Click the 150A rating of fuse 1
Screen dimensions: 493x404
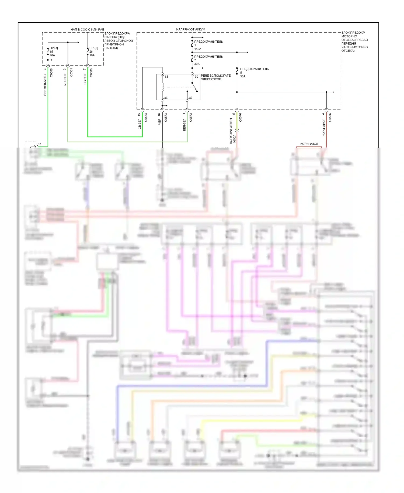click(x=198, y=49)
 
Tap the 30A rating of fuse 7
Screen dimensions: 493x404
click(x=197, y=64)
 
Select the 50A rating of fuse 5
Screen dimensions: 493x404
click(x=243, y=76)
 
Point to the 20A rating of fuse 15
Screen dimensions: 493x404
click(x=52, y=55)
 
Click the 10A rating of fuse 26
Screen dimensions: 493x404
click(x=92, y=55)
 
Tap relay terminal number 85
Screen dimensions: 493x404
click(x=166, y=77)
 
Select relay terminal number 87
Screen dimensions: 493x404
click(x=191, y=98)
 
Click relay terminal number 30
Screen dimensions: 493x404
click(x=196, y=77)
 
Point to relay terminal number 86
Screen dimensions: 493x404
click(x=166, y=98)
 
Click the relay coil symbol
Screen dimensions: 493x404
click(x=162, y=87)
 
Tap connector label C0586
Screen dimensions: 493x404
click(x=51, y=73)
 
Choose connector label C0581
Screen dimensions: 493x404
click(x=71, y=73)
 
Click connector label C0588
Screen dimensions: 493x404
click(x=91, y=73)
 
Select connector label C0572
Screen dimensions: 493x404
click(x=191, y=117)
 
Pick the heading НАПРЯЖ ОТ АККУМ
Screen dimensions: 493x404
click(x=190, y=29)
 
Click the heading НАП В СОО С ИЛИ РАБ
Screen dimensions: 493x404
click(x=87, y=29)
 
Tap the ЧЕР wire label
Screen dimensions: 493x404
click(x=159, y=122)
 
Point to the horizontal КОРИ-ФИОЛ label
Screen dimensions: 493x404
click(x=309, y=144)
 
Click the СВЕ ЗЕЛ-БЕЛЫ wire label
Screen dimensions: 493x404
click(x=45, y=85)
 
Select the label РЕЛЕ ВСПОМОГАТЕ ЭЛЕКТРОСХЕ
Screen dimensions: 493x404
click(x=215, y=77)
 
